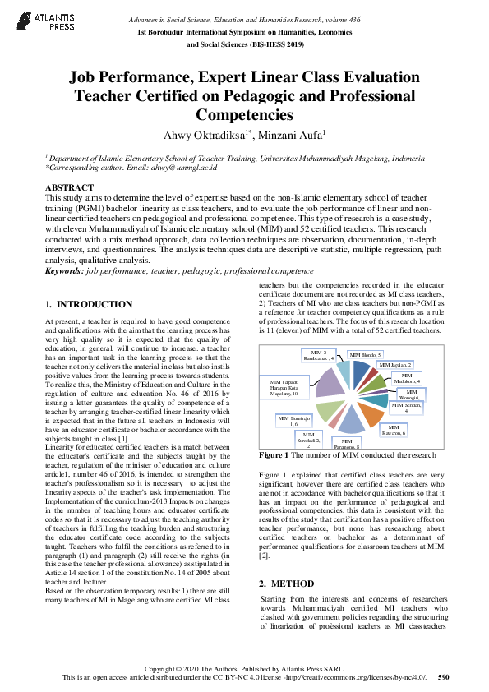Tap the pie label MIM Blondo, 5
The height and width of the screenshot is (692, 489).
point(366,354)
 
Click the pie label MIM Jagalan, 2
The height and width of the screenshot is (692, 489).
point(395,364)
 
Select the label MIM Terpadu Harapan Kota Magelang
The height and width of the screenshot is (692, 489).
point(289,387)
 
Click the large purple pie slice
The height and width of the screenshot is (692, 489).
point(330,383)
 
